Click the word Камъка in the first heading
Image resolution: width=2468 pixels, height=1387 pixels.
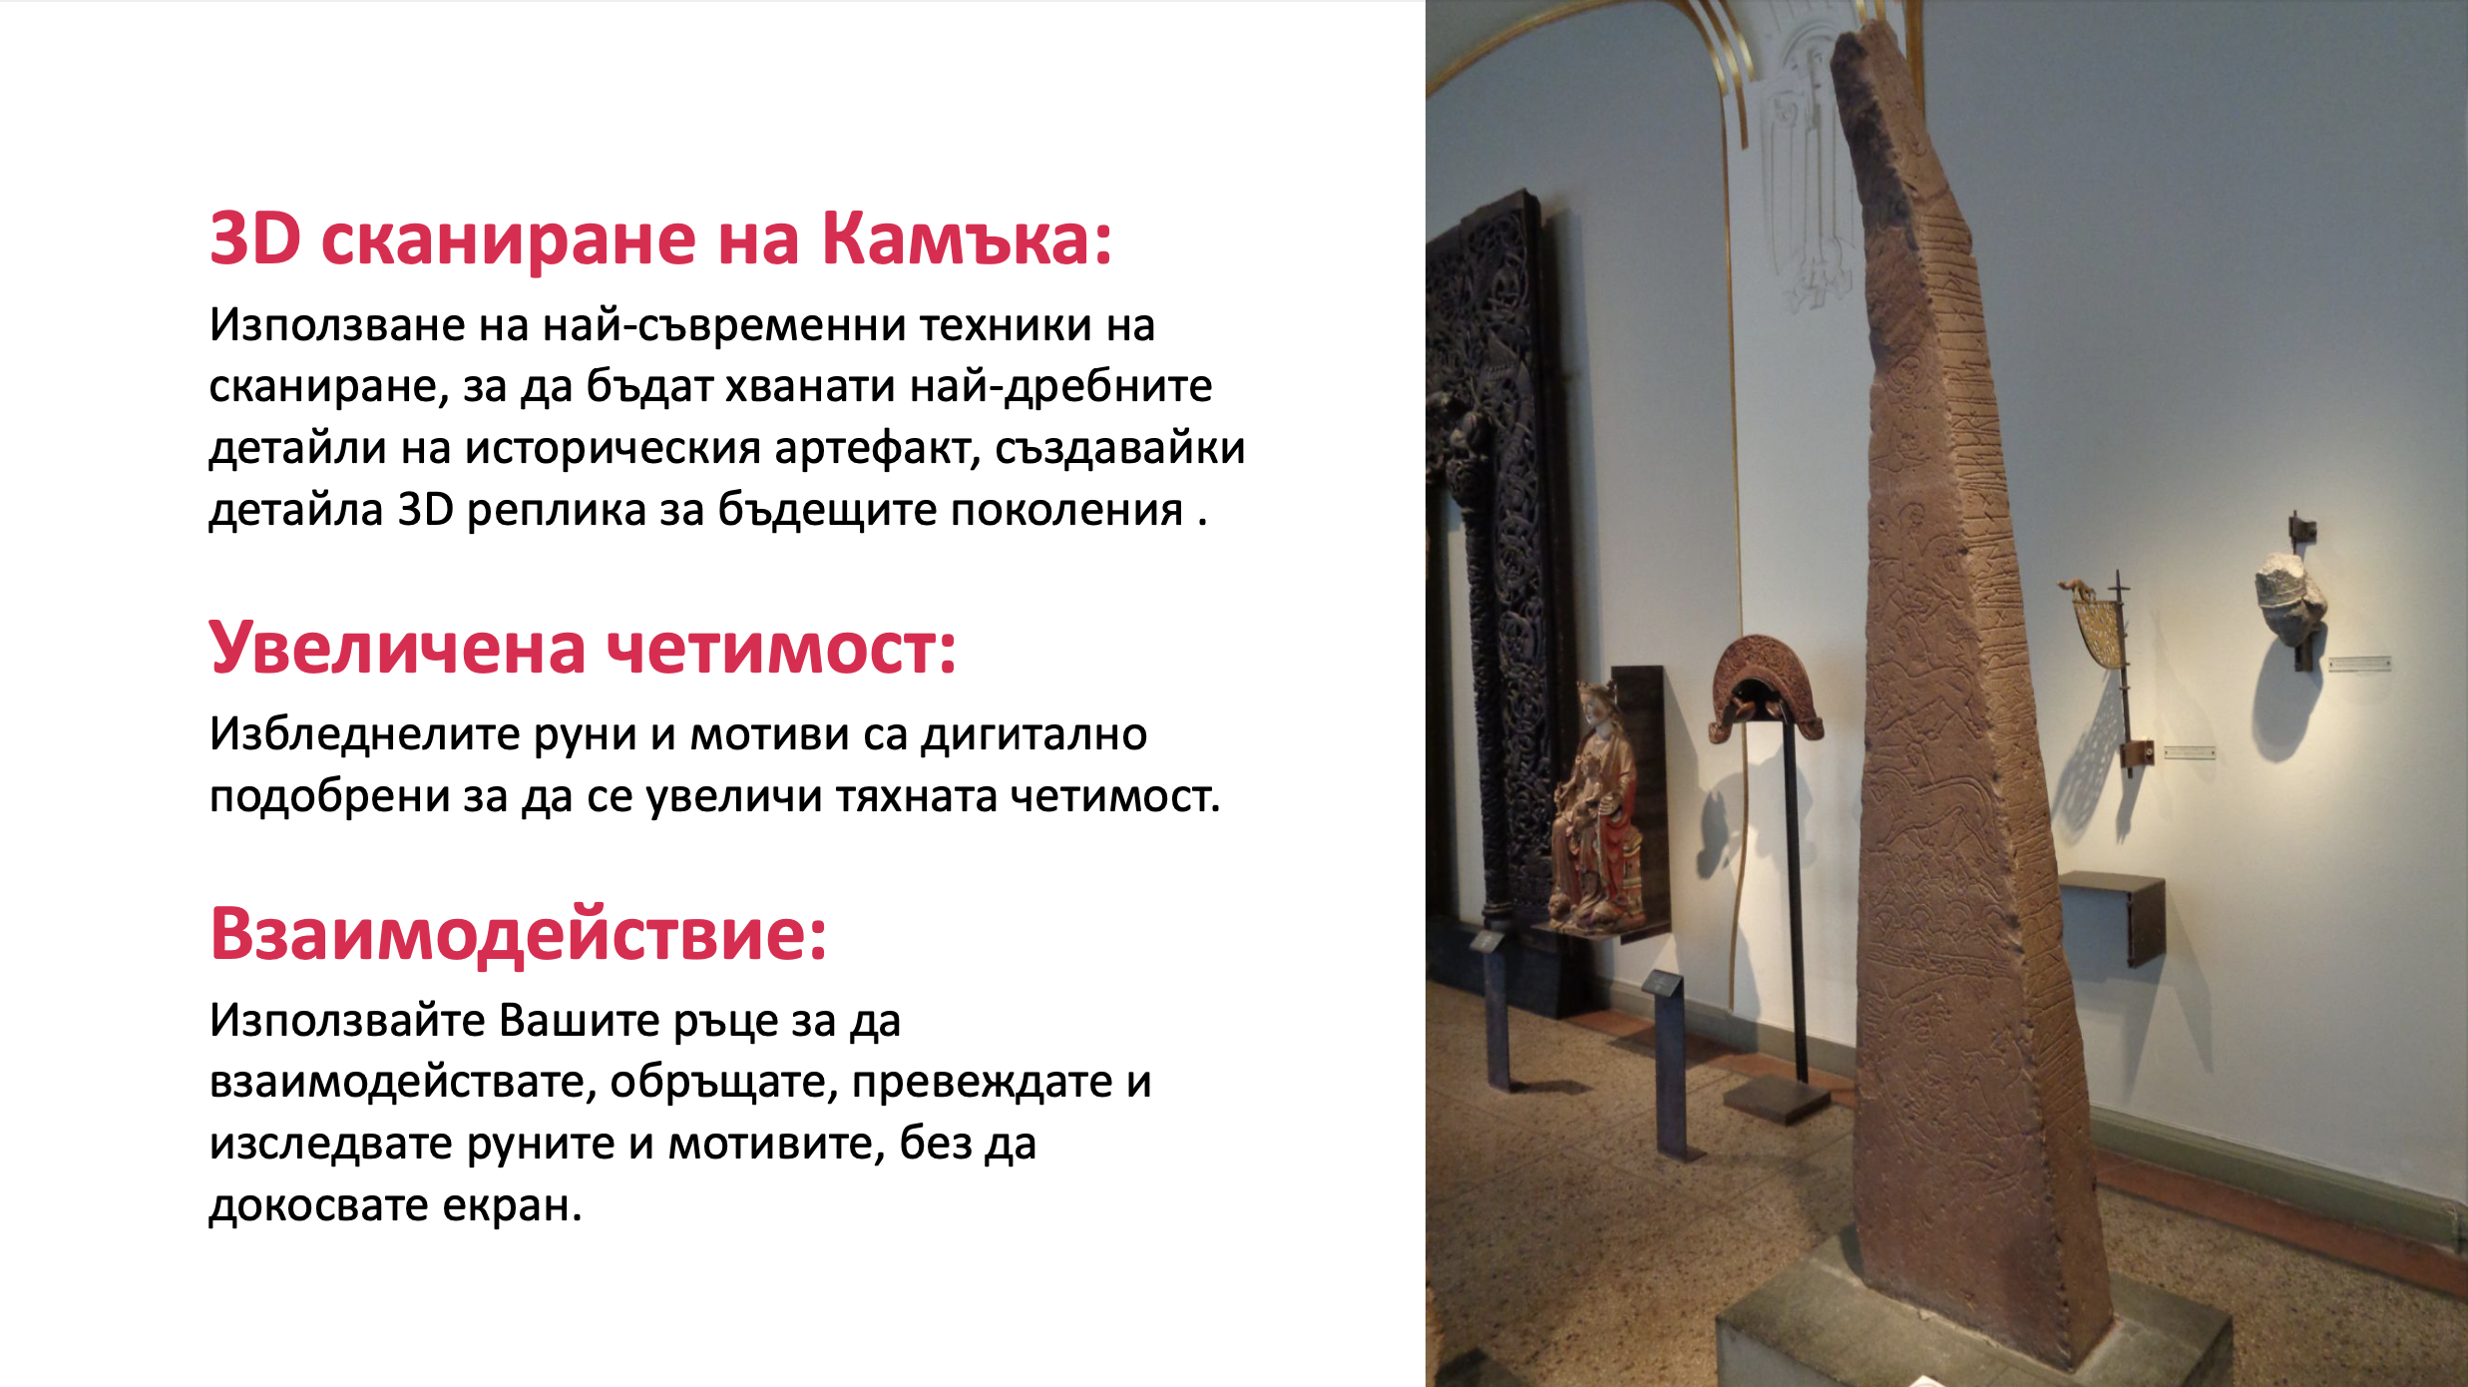pos(966,240)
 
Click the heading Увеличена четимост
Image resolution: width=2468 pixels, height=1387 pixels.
pos(583,649)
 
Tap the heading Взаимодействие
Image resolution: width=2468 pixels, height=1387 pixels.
pos(519,935)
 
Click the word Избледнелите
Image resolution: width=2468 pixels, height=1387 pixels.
pos(365,734)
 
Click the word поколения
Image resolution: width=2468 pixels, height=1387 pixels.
pos(1065,510)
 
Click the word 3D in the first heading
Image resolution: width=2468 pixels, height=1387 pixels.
pos(255,240)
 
